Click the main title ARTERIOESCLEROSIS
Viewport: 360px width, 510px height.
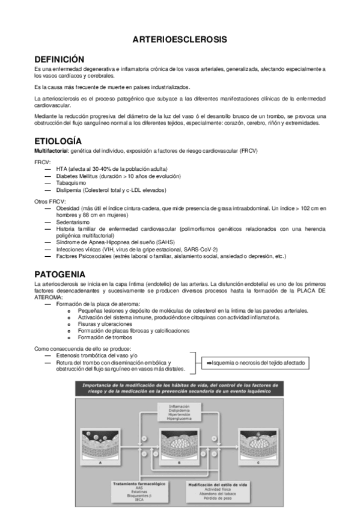[180, 40]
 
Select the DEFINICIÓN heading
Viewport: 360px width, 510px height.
[59, 60]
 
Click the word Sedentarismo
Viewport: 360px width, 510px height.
[70, 222]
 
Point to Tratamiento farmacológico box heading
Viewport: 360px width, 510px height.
[139, 483]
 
